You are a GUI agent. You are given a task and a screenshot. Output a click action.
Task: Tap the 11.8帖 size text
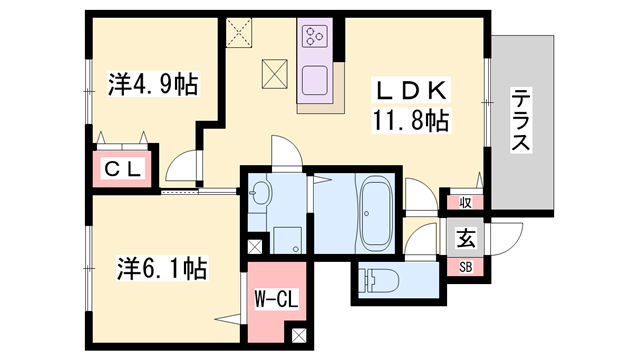point(412,121)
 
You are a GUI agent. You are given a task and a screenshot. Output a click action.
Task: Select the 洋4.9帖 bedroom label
point(152,84)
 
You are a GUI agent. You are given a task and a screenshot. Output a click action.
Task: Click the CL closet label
point(123,170)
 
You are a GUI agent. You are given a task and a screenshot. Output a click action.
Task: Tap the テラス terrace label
point(521,120)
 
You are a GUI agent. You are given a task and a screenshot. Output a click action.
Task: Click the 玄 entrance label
point(466,237)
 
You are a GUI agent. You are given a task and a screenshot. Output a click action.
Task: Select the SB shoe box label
point(466,266)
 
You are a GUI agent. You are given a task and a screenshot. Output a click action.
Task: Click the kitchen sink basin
point(317,79)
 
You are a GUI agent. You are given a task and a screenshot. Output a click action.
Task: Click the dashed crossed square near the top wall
point(240,32)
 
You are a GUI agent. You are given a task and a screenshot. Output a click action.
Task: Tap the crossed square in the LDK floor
point(276,74)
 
